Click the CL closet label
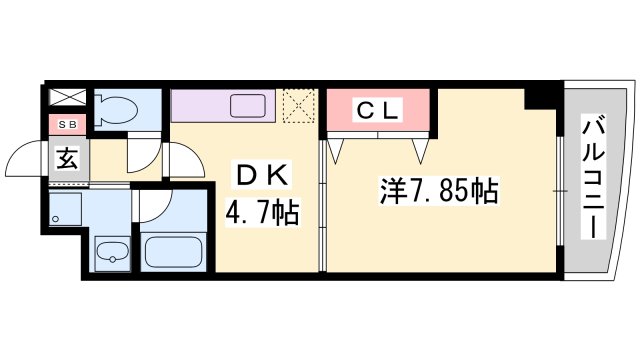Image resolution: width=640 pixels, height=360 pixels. [378, 110]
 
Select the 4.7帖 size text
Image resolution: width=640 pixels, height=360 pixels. [262, 212]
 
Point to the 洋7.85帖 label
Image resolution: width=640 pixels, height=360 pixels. [439, 191]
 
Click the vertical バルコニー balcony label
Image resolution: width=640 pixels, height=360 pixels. [594, 178]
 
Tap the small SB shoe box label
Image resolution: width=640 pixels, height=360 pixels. [67, 125]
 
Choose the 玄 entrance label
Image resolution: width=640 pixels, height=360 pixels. [67, 158]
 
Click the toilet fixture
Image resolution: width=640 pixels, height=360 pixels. [116, 110]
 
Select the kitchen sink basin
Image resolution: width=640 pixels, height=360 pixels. [248, 106]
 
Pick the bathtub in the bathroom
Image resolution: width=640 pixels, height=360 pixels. [174, 252]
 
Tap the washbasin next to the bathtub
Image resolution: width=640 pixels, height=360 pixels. [112, 253]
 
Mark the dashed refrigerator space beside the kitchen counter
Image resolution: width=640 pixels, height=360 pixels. [300, 106]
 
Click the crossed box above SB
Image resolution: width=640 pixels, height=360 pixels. [68, 97]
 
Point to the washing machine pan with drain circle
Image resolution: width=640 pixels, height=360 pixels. [65, 209]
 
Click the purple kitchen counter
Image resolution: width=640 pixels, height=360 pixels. [223, 106]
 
